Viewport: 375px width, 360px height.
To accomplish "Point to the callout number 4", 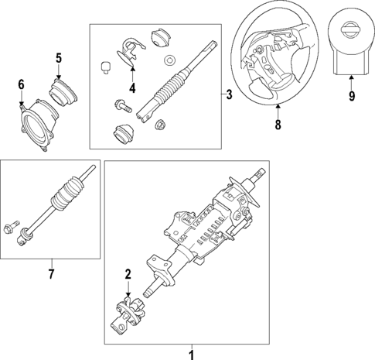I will [132, 88].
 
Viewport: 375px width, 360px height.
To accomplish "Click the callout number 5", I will [58, 57].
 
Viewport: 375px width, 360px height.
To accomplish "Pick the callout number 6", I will [21, 84].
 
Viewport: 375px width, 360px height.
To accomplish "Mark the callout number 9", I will [351, 98].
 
